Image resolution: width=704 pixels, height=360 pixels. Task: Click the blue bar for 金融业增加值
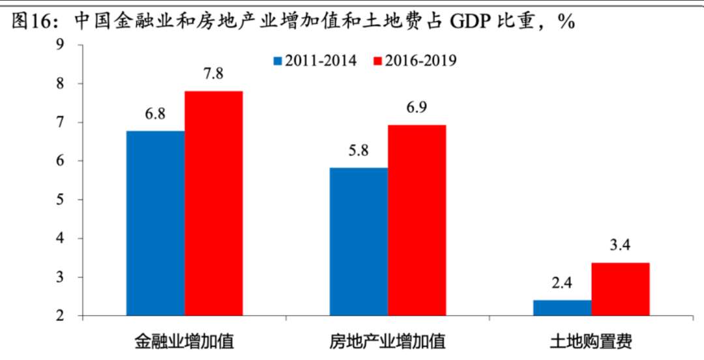click(x=155, y=224)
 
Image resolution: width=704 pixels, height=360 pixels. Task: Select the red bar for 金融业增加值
click(x=214, y=203)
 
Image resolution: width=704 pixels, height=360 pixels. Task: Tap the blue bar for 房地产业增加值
click(x=359, y=242)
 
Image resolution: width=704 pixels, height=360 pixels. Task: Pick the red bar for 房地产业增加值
click(x=417, y=220)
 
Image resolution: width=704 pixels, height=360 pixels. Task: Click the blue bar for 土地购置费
click(x=562, y=308)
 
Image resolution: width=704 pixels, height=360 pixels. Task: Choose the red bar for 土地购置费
click(x=621, y=290)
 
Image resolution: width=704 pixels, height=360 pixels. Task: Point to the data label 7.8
click(x=214, y=74)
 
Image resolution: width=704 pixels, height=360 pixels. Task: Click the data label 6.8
click(x=155, y=113)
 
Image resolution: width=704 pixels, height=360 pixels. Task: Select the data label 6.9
click(x=417, y=108)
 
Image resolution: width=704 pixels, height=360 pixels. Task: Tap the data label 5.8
click(x=359, y=150)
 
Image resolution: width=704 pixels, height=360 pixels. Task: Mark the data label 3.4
click(x=621, y=246)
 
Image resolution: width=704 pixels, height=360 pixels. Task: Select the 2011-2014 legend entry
click(x=314, y=61)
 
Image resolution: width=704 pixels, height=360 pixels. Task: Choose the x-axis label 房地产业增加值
click(x=388, y=342)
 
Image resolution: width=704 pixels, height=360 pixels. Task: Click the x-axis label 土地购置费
click(x=591, y=342)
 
